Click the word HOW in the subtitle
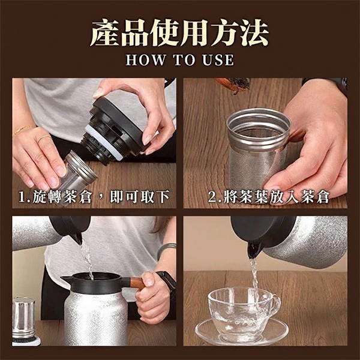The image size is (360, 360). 146,59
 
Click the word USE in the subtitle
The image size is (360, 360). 218,59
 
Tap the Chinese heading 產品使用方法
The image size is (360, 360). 179,33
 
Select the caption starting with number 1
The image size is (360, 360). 94,197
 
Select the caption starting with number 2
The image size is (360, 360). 269,197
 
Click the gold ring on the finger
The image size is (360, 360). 44,138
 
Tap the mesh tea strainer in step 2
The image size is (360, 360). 258,149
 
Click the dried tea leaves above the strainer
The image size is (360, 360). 233,85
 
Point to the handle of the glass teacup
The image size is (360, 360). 275,304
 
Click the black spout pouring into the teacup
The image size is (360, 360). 254,250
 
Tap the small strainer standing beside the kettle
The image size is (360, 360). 23,321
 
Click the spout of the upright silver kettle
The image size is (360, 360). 66,279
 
